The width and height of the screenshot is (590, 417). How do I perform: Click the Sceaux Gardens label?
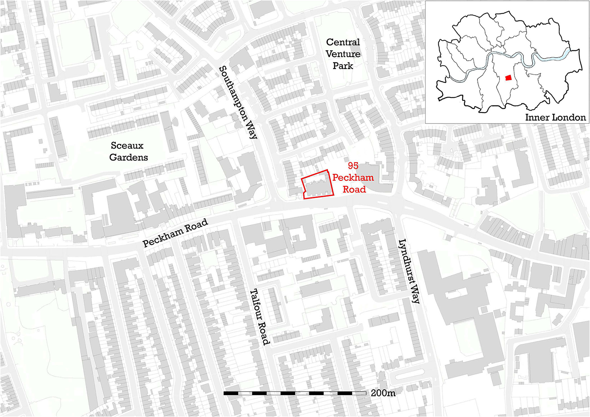point(128,151)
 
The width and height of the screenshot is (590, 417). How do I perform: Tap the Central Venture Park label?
point(343,54)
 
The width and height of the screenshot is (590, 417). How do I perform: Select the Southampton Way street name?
point(238,103)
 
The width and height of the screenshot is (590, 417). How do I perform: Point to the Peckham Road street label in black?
point(175,233)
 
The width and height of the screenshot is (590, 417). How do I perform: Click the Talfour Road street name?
point(260,317)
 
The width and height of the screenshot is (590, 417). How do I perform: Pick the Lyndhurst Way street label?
point(409,271)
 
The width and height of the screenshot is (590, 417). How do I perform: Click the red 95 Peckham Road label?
point(353,178)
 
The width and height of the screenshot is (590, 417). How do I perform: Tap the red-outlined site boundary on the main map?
point(317,185)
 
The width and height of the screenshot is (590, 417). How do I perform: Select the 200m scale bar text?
point(383,393)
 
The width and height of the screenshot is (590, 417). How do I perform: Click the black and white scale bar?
point(295,393)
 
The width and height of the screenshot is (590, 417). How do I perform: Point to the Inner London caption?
point(555,117)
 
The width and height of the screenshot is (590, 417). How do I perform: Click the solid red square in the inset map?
point(508,78)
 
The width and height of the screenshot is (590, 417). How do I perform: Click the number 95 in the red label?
point(353,166)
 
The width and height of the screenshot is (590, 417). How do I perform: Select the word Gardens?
point(129,157)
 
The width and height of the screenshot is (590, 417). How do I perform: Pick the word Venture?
point(343,54)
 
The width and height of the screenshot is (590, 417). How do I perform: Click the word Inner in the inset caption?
point(536,117)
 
